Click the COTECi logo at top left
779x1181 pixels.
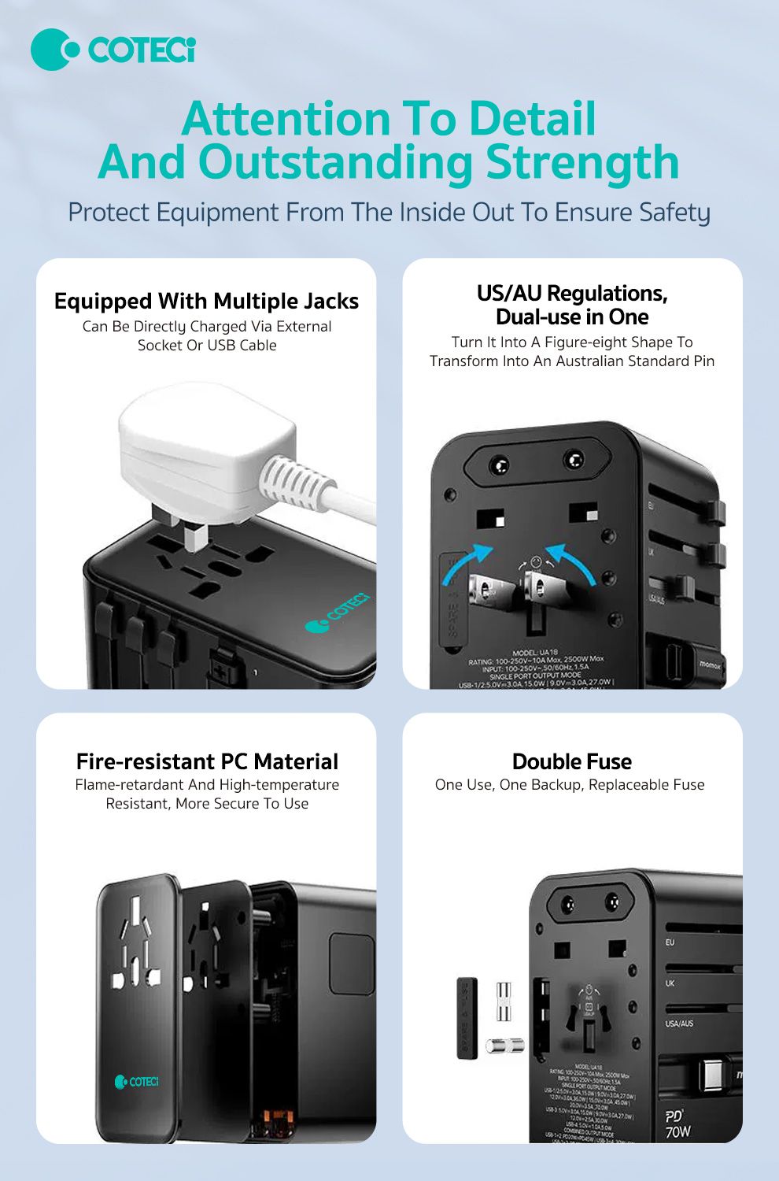(113, 50)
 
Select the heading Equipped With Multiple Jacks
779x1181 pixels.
(206, 301)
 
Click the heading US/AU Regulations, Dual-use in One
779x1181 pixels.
(572, 305)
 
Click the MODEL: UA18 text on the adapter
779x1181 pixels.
(535, 653)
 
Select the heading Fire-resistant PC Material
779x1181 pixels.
(207, 761)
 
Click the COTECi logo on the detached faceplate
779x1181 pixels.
(137, 1082)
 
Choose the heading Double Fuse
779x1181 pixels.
(572, 761)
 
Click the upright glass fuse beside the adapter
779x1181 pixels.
(504, 1002)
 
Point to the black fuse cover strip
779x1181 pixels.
(467, 1017)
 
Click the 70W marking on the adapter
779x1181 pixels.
(677, 1132)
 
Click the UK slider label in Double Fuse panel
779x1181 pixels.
(670, 983)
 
